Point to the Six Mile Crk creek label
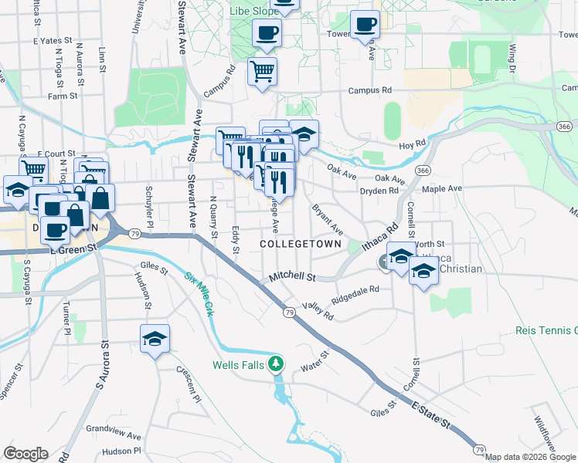pos(199,294)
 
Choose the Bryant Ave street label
pos(328,219)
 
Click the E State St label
pos(430,414)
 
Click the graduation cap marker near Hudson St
pos(155,339)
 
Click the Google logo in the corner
pos(25,454)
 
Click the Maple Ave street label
pos(441,188)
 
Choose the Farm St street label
pos(63,96)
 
